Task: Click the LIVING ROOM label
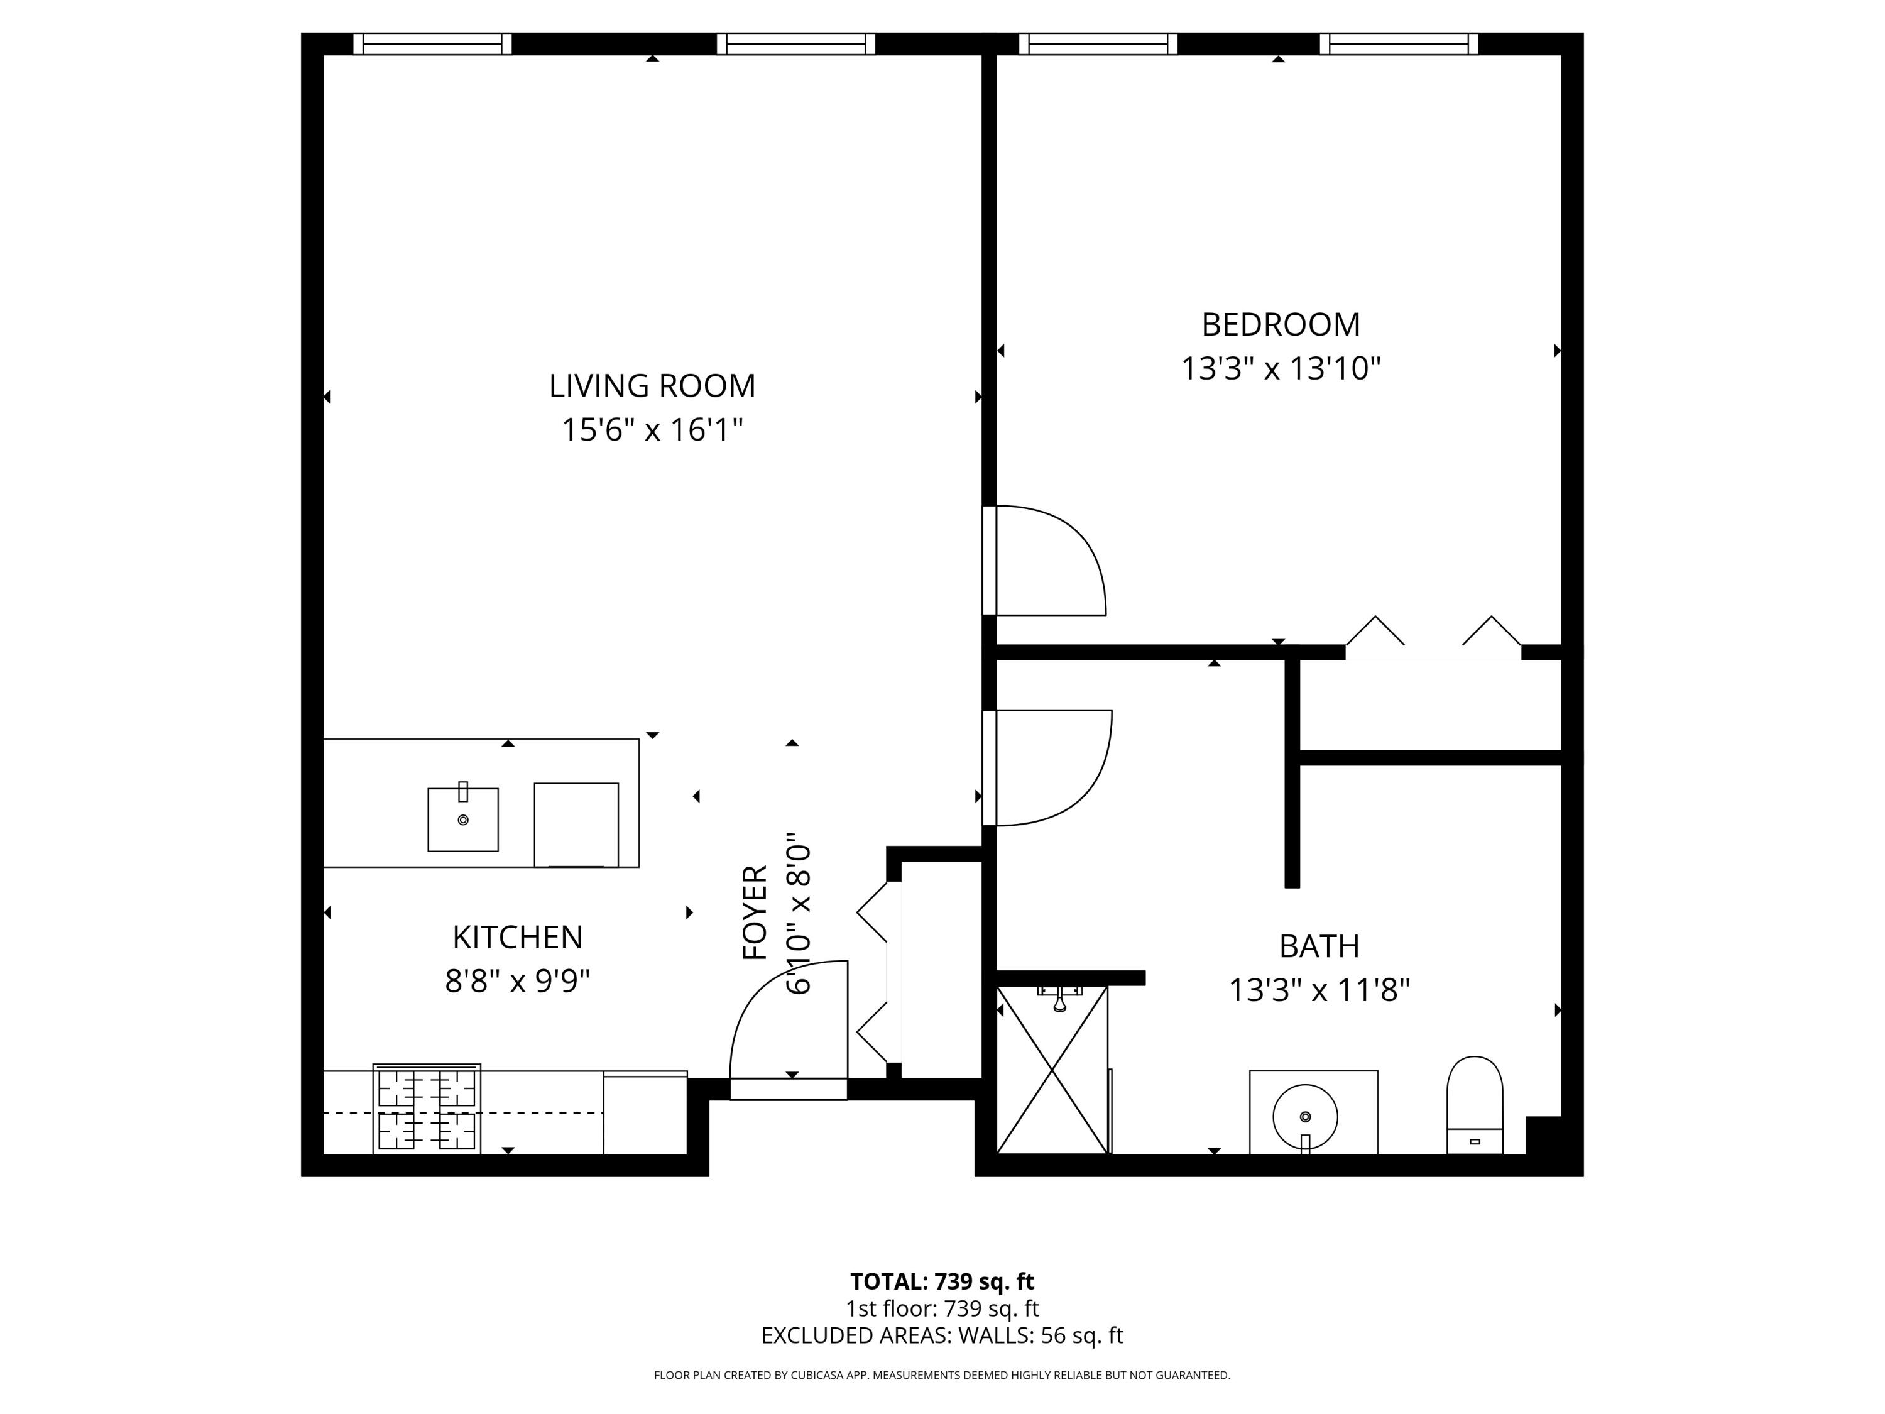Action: [x=652, y=386]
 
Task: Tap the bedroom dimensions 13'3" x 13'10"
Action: [x=1280, y=369]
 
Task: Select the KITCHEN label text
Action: [x=517, y=938]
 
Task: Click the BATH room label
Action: [x=1318, y=946]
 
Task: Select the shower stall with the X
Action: [x=1052, y=1070]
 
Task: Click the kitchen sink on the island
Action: [x=462, y=819]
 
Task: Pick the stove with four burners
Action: [x=427, y=1109]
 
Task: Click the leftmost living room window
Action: [x=432, y=43]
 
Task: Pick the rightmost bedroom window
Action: [x=1399, y=43]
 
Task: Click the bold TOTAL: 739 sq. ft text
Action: [x=942, y=1281]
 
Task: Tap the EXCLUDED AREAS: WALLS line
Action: [x=942, y=1335]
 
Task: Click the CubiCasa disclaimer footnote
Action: [x=942, y=1375]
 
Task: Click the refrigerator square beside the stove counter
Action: [x=645, y=1113]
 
